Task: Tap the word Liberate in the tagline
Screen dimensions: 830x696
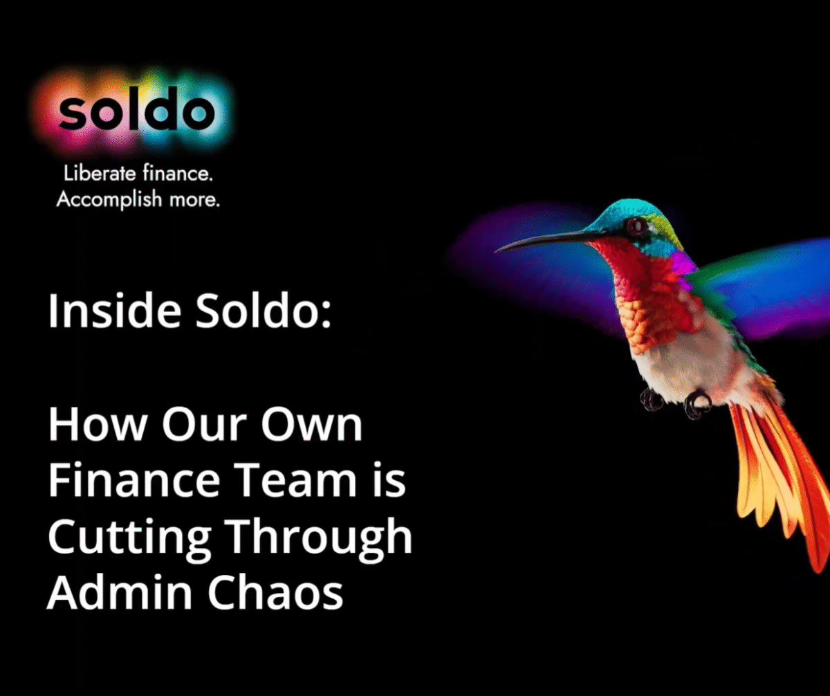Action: point(100,174)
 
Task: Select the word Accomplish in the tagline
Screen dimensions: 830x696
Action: point(109,199)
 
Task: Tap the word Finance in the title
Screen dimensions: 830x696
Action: point(134,480)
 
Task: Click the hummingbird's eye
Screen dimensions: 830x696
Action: point(636,226)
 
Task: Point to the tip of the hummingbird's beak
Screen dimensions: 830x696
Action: point(496,252)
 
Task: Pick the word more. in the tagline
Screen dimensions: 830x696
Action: point(194,201)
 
